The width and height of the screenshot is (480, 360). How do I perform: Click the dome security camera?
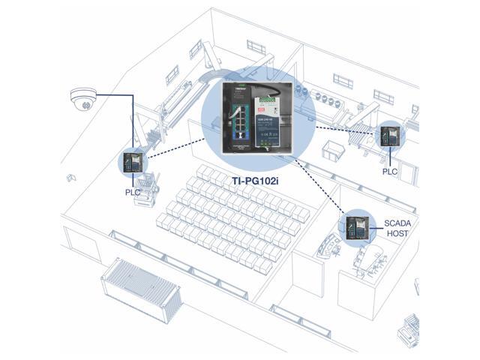tap(80, 97)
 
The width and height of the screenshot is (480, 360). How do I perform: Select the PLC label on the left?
tap(132, 190)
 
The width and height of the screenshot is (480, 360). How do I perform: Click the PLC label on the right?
tap(390, 171)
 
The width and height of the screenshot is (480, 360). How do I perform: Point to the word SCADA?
tap(397, 223)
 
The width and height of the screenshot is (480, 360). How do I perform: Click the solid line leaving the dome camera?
tap(112, 94)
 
